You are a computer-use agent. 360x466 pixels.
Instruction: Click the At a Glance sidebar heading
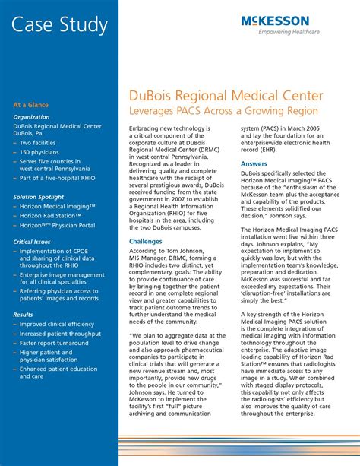(33, 103)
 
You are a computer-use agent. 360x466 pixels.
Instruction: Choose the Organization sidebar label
(32, 117)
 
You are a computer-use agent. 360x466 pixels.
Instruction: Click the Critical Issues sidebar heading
(33, 242)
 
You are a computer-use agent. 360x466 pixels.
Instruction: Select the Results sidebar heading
(24, 314)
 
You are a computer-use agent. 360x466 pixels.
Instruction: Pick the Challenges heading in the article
(146, 241)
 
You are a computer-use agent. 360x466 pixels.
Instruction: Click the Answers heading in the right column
(254, 163)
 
